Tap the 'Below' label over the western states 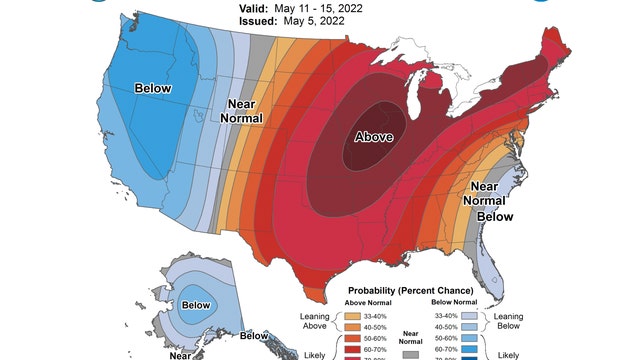coord(153,88)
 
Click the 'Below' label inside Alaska coord(196,304)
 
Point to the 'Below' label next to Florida coord(493,216)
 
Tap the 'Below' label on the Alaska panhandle coord(254,336)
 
